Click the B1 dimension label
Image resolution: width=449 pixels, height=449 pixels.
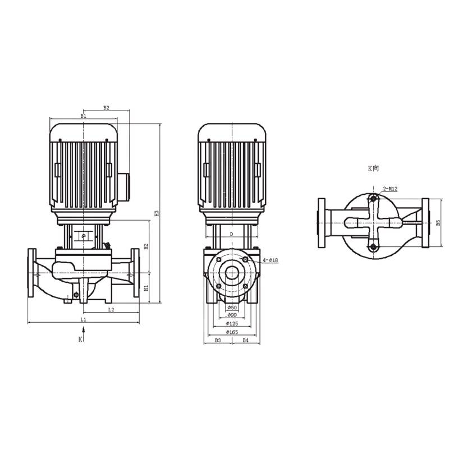pos(83,116)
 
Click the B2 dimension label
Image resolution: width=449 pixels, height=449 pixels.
pos(106,107)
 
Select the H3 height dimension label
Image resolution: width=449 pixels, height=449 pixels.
pos(157,213)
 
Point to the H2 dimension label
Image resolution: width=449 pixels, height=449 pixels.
pos(145,246)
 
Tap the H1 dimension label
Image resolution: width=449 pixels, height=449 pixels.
pos(145,288)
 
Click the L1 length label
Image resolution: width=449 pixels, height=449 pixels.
pos(83,319)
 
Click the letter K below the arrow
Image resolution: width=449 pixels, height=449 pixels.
pos(80,340)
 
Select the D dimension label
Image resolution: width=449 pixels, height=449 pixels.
pos(231,233)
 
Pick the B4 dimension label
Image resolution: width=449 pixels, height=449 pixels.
pos(245,340)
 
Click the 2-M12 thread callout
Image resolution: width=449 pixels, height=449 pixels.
pos(390,189)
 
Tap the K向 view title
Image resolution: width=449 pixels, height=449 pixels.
pos(374,168)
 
